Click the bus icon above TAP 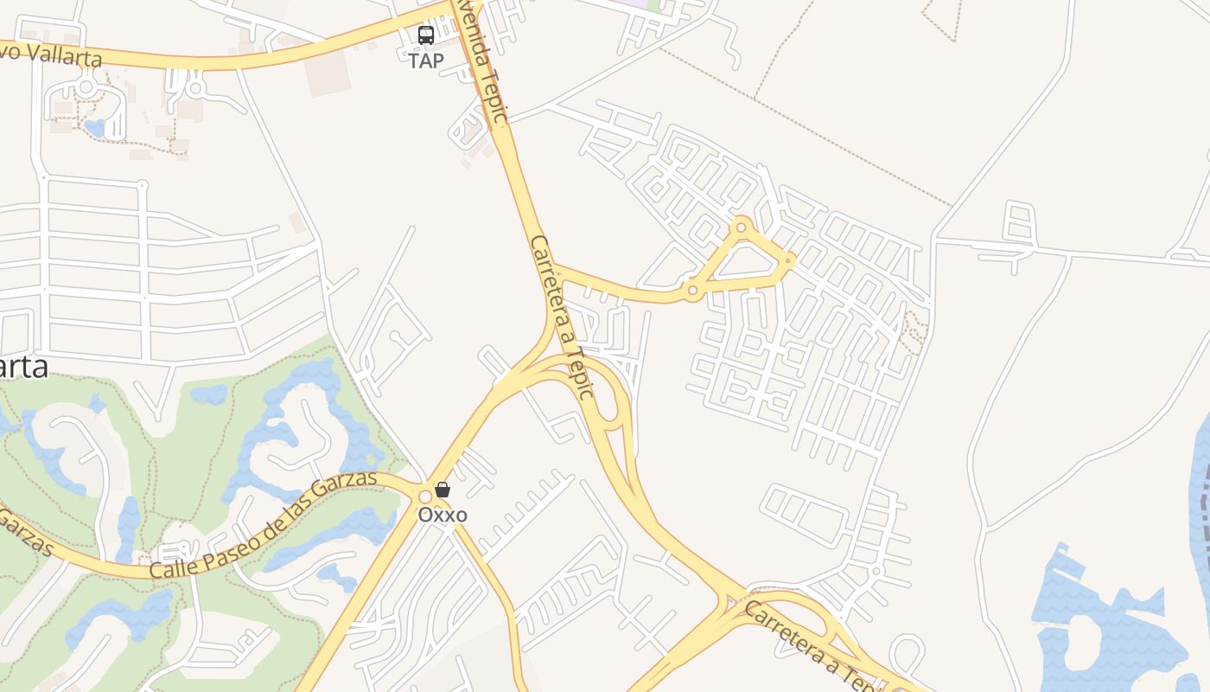(426, 35)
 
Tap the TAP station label (426, 61)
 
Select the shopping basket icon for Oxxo (443, 490)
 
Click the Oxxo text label (443, 515)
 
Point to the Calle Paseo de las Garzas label (264, 524)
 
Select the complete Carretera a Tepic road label (563, 317)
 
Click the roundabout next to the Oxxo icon (424, 497)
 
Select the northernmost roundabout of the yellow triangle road (741, 227)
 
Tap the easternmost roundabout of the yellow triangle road (788, 259)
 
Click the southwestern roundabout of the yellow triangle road (691, 291)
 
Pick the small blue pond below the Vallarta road (94, 129)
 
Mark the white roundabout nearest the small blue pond (86, 87)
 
